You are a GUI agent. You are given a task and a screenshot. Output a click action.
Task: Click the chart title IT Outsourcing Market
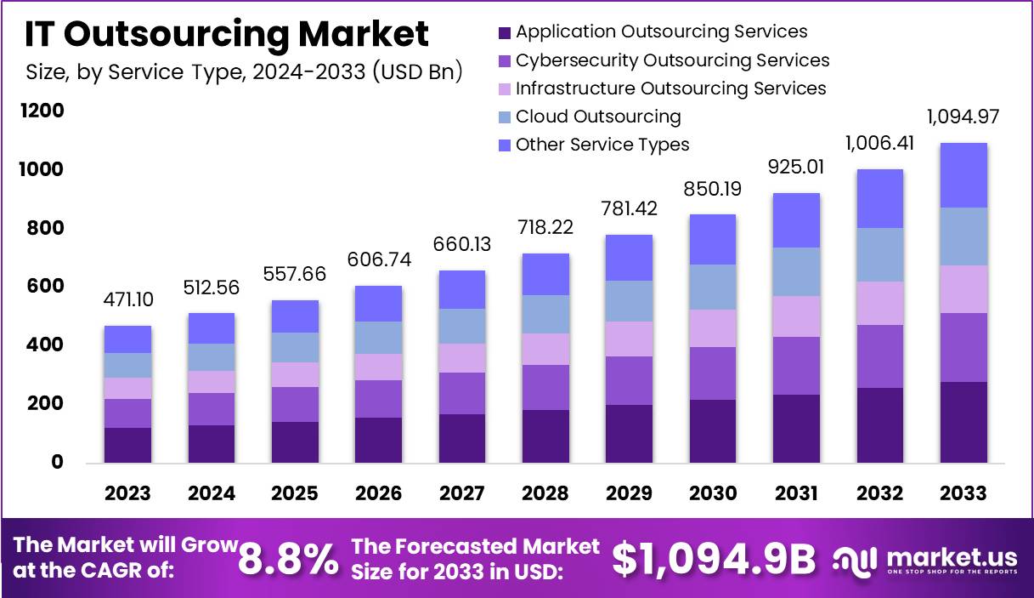tap(226, 34)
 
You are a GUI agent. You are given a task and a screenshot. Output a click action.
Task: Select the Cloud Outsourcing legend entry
tap(597, 117)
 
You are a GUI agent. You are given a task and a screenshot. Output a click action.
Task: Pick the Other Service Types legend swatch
tap(504, 145)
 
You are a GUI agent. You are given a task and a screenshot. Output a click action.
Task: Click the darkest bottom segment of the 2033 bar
tap(963, 422)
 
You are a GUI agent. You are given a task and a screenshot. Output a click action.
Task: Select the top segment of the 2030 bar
tap(713, 239)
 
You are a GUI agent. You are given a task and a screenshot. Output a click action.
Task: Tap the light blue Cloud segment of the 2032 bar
tap(879, 254)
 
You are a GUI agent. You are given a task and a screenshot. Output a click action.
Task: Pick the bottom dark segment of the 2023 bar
tap(127, 445)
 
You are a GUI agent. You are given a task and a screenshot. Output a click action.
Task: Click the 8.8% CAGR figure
tap(288, 560)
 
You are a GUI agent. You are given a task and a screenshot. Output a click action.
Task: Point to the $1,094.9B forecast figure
tap(713, 560)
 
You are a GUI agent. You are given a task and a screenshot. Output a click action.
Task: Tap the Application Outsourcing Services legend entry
tap(661, 32)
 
